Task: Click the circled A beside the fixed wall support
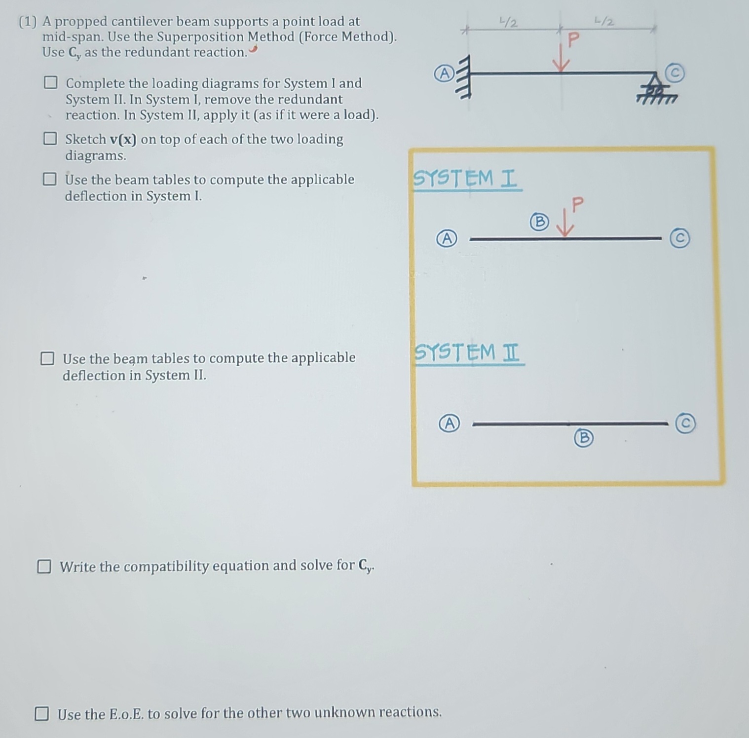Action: click(444, 73)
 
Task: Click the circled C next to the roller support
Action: click(675, 73)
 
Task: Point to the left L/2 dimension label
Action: click(509, 23)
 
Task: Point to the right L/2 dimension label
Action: click(604, 22)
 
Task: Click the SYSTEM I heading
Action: click(466, 178)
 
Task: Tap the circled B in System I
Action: click(539, 221)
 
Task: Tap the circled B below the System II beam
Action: click(584, 438)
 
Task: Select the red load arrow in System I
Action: click(565, 224)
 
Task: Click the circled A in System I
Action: click(447, 239)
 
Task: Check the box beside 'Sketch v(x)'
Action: click(50, 139)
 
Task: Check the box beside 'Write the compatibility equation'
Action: click(44, 566)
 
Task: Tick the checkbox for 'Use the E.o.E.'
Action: click(42, 713)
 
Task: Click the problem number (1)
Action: click(28, 22)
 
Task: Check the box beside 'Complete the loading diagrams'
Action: click(50, 82)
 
